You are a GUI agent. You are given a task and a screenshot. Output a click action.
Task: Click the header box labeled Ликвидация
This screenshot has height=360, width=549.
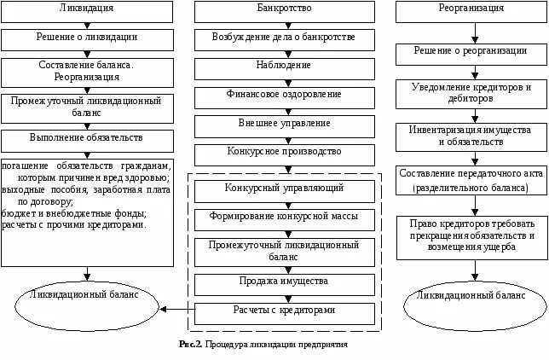[87, 12]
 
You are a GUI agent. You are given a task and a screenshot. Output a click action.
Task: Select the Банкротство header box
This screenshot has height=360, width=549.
[285, 12]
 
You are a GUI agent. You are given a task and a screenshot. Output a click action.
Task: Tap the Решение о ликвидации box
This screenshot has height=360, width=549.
[87, 40]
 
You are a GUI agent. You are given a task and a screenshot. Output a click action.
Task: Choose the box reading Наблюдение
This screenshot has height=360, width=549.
[285, 69]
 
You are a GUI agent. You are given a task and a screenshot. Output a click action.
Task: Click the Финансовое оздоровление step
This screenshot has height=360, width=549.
[285, 98]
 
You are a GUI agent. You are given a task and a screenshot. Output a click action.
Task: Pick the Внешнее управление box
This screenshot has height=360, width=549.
[285, 126]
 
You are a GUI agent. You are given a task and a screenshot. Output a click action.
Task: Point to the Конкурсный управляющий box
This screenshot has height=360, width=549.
[285, 191]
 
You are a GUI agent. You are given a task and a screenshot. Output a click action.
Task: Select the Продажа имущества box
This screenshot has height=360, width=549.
[285, 285]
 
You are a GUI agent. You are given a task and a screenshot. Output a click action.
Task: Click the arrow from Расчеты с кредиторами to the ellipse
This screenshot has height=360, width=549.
[177, 309]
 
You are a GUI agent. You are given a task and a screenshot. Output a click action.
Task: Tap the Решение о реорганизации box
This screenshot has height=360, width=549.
[471, 55]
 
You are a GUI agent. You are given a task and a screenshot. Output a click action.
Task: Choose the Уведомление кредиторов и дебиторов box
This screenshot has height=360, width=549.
[471, 95]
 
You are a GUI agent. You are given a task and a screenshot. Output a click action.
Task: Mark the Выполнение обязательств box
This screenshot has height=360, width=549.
[87, 142]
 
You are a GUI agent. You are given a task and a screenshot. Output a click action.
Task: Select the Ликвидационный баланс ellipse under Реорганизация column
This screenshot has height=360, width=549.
[475, 306]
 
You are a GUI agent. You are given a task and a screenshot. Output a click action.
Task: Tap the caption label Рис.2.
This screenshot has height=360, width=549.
[190, 345]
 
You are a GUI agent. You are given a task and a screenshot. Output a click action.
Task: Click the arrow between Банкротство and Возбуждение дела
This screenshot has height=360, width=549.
[288, 26]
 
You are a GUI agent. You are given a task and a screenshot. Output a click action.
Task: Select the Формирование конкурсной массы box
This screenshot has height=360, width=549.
[285, 220]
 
